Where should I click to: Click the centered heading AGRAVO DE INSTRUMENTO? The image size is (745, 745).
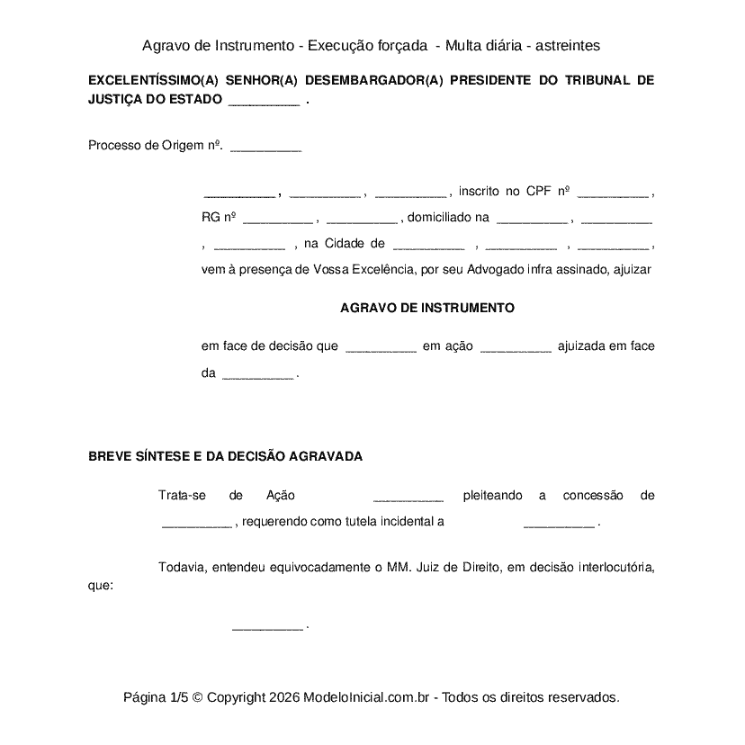[x=427, y=308]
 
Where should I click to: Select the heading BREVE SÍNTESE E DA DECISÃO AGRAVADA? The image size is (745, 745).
[x=225, y=456]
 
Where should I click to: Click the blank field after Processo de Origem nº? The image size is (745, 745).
[x=265, y=148]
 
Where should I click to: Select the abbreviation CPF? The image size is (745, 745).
[x=538, y=192]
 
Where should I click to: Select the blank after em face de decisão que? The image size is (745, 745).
[x=381, y=347]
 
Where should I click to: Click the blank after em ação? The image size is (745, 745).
[x=516, y=347]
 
